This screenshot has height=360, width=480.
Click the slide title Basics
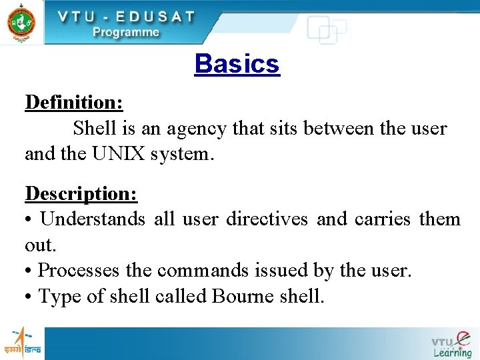(x=237, y=64)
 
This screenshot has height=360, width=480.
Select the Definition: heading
(x=74, y=102)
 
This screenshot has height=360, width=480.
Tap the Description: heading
(x=81, y=193)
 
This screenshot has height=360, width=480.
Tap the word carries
(x=383, y=219)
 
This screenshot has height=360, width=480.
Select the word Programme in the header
(x=125, y=31)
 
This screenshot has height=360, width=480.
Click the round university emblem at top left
(x=21, y=21)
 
